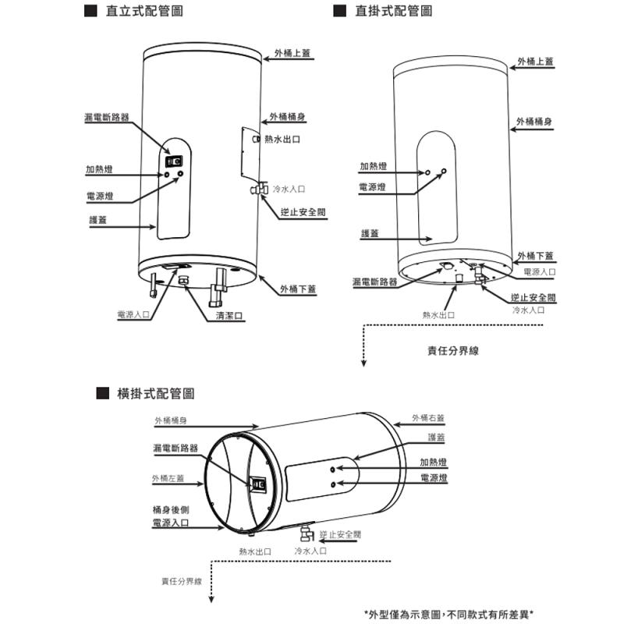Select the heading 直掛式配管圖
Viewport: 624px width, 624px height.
[393, 12]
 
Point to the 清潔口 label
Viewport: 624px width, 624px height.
[229, 315]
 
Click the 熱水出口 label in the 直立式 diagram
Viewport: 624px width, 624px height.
[282, 140]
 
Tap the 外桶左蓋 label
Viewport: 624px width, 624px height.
[168, 478]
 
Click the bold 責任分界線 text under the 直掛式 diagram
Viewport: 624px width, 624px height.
[453, 351]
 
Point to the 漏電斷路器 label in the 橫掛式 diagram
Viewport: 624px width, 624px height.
[175, 448]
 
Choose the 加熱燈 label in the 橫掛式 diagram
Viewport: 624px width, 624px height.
[433, 461]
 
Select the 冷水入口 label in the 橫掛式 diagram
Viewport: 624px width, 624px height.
[310, 551]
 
